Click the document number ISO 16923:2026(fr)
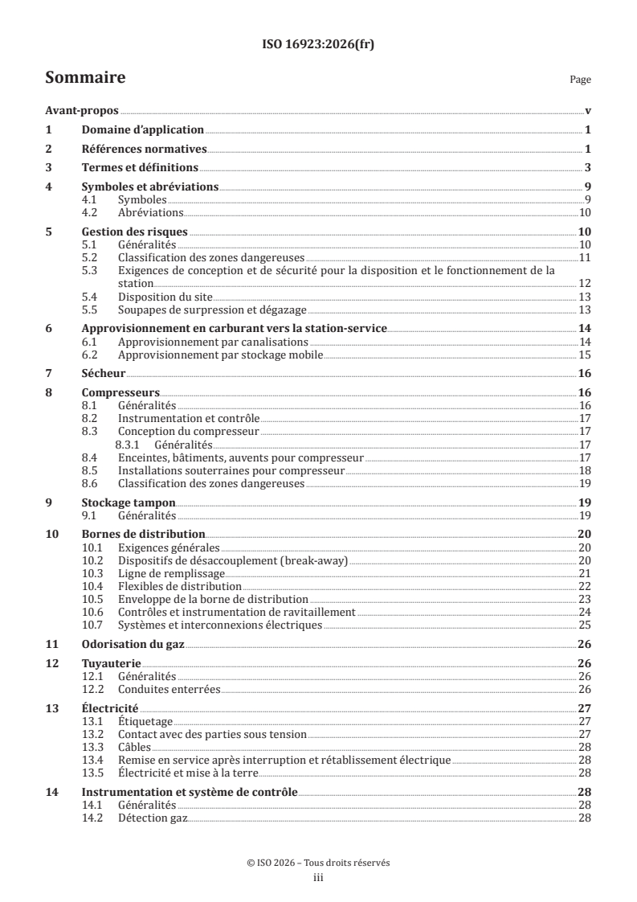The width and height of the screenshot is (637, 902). (x=318, y=45)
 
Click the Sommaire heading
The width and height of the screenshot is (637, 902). (x=84, y=79)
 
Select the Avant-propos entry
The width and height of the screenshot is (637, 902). (x=81, y=111)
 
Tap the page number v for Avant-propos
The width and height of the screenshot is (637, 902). (x=589, y=111)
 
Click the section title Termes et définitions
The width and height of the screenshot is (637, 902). (x=140, y=167)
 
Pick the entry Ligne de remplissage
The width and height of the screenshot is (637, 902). (x=171, y=572)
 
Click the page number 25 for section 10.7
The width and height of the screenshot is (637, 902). (x=585, y=624)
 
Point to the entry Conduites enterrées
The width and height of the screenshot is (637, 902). (x=169, y=689)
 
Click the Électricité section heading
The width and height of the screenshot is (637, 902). (x=111, y=707)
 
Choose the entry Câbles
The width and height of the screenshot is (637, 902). (x=133, y=747)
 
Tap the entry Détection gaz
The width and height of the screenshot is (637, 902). (x=153, y=818)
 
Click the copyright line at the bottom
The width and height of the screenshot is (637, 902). (x=318, y=863)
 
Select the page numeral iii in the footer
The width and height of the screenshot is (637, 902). (x=318, y=878)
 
